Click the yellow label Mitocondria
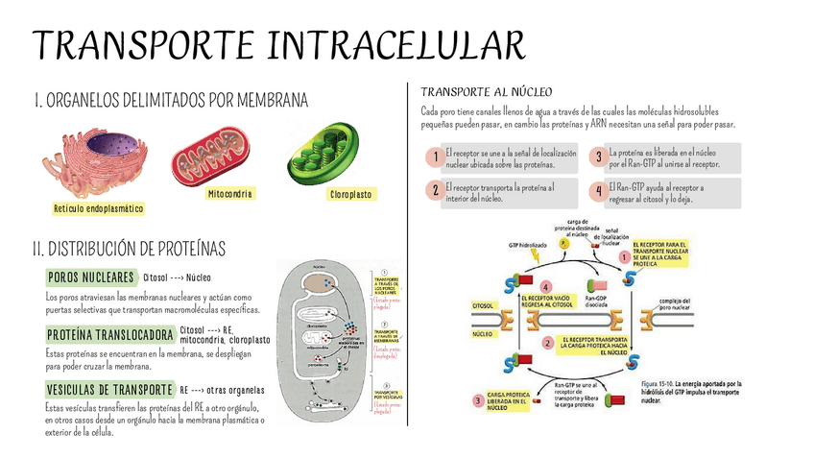coord(229,194)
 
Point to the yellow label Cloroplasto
coord(351,194)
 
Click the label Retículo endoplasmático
coord(99,208)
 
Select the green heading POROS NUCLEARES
coord(90,277)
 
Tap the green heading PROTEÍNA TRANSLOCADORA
coord(109,335)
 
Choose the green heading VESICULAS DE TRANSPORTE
coord(108,390)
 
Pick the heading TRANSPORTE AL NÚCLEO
coord(487,92)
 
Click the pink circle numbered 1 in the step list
coord(436,157)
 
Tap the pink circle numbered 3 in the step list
coord(598,157)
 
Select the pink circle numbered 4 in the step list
coord(598,190)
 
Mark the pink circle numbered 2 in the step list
coord(436,190)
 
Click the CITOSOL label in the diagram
coord(482,305)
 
